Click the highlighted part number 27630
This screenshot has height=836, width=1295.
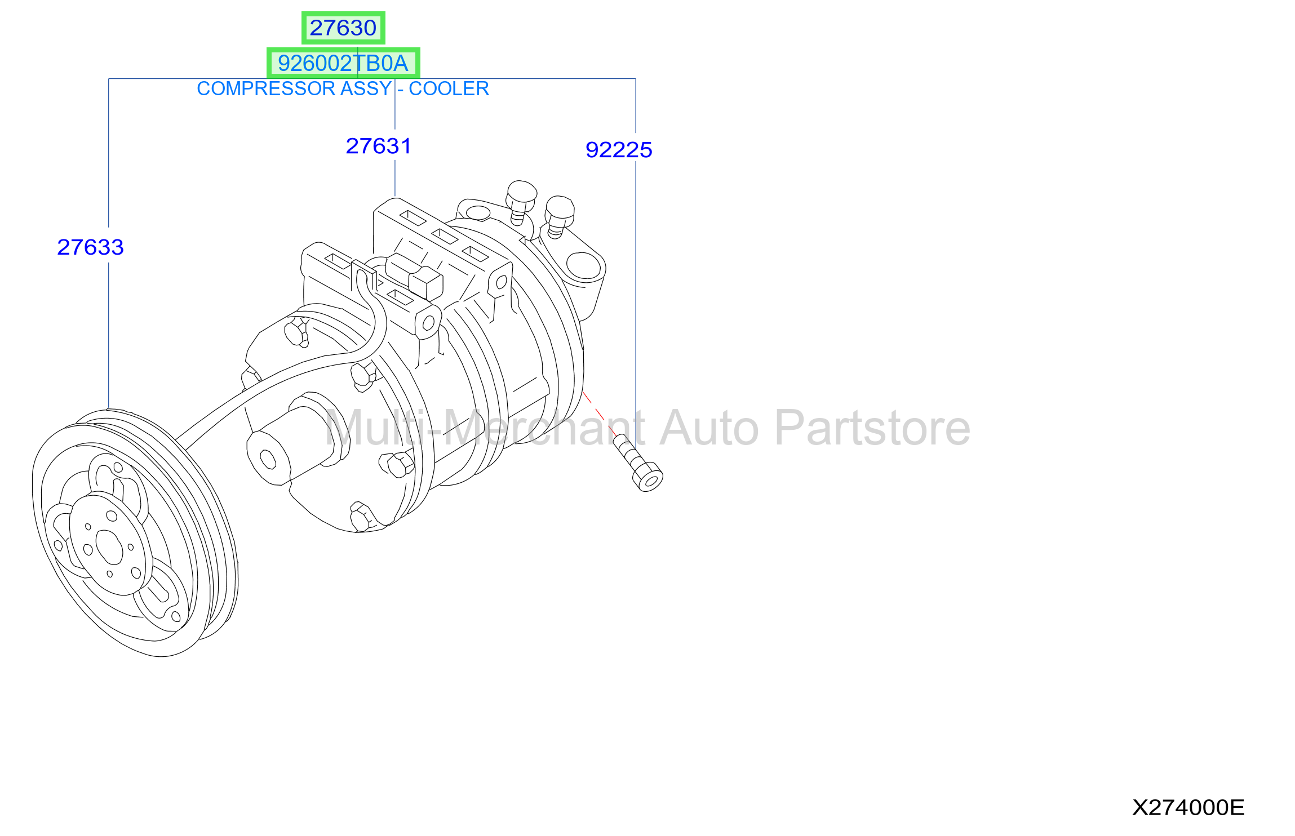pyautogui.click(x=343, y=28)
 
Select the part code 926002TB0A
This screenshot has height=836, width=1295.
pyautogui.click(x=343, y=63)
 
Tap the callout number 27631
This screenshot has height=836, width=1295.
pyautogui.click(x=378, y=146)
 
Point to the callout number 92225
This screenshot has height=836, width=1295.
pyautogui.click(x=619, y=150)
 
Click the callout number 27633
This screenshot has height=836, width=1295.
pyautogui.click(x=90, y=247)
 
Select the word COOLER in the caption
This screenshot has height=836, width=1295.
pyautogui.click(x=449, y=88)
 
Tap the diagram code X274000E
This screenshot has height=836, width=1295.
pyautogui.click(x=1188, y=807)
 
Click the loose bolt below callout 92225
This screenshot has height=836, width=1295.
pyautogui.click(x=638, y=463)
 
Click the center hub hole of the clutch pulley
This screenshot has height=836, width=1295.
pyautogui.click(x=109, y=546)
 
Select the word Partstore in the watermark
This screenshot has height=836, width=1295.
pyautogui.click(x=872, y=428)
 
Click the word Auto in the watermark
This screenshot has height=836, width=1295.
pyautogui.click(x=709, y=428)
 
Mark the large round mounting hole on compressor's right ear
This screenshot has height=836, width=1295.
pyautogui.click(x=584, y=266)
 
